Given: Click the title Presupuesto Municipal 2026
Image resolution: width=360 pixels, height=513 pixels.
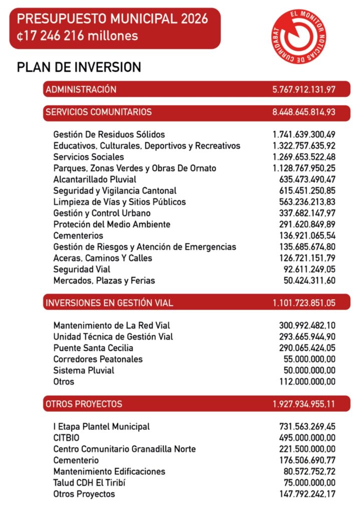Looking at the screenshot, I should [112, 20].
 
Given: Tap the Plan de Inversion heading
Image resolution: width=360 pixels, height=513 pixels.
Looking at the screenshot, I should [79, 67].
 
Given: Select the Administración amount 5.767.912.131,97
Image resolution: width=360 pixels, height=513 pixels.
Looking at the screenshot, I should [304, 90].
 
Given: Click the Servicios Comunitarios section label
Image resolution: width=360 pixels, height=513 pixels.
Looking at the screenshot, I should [99, 112].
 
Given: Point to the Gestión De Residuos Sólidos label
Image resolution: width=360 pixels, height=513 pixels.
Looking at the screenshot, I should [109, 134].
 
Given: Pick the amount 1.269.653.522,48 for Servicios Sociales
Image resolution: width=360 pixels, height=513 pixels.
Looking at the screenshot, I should [304, 157].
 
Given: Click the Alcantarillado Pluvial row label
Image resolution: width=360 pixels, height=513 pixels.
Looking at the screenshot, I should [95, 179].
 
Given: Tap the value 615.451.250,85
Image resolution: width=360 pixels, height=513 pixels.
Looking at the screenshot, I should [307, 190].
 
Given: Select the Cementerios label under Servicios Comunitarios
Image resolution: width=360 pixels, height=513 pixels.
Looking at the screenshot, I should [78, 235].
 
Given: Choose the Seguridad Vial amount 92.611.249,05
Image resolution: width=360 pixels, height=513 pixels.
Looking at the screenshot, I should [309, 270].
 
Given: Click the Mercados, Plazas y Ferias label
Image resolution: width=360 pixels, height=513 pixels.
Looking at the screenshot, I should [104, 281].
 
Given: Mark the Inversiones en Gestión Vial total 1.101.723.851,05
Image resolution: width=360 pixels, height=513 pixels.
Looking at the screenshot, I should [304, 303].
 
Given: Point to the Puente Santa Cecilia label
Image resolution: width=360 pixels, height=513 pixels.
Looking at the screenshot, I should [93, 348].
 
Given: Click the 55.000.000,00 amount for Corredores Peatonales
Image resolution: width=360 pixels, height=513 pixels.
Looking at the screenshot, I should [309, 359].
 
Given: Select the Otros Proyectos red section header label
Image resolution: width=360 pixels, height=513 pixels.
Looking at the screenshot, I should [84, 404].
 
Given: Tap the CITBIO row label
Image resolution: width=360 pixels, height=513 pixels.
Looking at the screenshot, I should [67, 438].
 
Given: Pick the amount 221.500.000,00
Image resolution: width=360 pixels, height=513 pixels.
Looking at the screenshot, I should [307, 449].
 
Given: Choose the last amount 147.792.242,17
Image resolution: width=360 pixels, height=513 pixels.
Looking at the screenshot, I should [307, 494].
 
